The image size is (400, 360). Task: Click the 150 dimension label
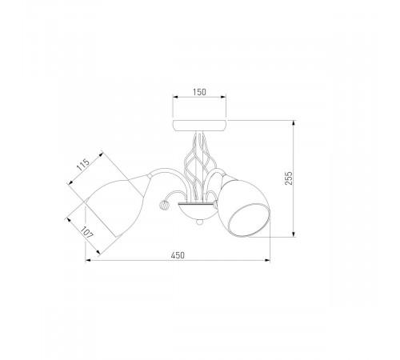pos(199,92)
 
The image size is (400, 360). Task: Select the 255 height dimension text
pos(289,178)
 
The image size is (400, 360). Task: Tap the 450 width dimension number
pos(178,255)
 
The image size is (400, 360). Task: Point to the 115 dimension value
pos(83,165)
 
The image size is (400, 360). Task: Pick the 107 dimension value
pos(87,232)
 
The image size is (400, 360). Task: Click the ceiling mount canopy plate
pos(199,126)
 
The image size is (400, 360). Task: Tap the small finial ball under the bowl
pos(198,222)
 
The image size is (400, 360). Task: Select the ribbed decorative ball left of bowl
pos(163,206)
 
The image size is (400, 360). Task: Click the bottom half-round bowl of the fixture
pos(198,210)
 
